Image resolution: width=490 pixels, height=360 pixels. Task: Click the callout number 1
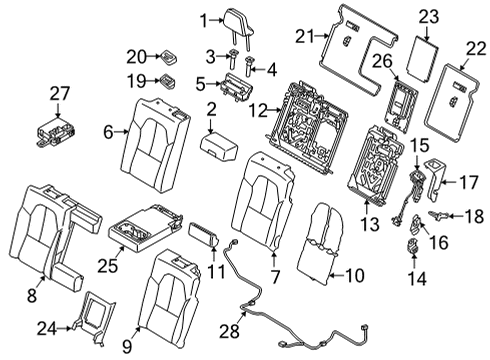click(204, 21)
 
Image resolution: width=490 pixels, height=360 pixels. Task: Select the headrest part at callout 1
click(240, 23)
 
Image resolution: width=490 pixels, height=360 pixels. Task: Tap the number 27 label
click(60, 93)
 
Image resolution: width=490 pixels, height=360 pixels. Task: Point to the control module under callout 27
click(55, 132)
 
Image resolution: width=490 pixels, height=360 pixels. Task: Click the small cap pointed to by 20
click(169, 57)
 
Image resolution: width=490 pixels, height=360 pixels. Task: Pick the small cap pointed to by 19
click(168, 82)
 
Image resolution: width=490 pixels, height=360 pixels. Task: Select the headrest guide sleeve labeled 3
click(233, 59)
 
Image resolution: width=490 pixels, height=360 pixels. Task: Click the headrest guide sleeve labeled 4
click(249, 66)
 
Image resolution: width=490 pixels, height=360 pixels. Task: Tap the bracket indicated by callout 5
click(235, 87)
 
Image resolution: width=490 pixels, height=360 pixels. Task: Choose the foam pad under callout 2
click(218, 147)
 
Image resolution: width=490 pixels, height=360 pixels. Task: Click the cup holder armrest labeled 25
click(146, 228)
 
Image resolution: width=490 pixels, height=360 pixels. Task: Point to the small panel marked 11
click(204, 235)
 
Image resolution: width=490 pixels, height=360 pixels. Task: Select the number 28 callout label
click(230, 331)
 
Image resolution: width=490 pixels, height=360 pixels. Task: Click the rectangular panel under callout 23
click(422, 58)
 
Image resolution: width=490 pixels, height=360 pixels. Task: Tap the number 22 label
click(476, 49)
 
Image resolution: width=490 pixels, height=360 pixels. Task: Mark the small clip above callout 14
click(413, 246)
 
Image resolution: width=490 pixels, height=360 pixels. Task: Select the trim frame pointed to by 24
click(93, 318)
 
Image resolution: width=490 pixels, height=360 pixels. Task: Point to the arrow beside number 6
click(121, 132)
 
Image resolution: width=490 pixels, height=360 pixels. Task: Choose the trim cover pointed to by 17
click(434, 179)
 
